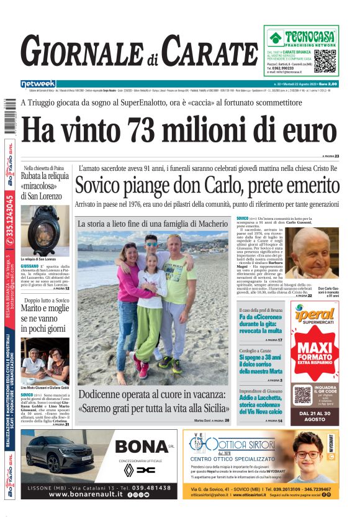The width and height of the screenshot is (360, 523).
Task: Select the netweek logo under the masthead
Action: coord(38,84)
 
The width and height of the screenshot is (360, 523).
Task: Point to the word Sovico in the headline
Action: coord(102,186)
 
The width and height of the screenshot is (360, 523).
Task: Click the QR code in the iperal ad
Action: coord(302,394)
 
